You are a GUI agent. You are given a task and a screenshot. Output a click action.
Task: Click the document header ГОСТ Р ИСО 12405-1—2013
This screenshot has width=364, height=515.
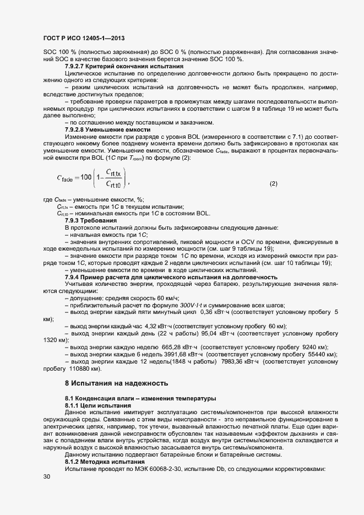click(x=83, y=38)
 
